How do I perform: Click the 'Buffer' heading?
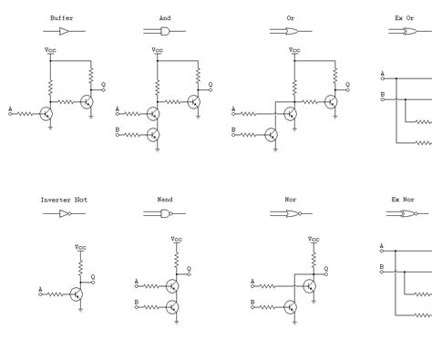coord(63,17)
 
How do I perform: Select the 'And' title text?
coord(165,17)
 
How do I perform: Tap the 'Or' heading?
coord(290,17)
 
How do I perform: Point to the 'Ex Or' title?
coord(404,17)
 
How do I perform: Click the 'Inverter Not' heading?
coord(64,199)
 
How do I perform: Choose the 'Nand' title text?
coord(165,199)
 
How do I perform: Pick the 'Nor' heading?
coord(290,199)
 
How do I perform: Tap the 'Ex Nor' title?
coord(403,199)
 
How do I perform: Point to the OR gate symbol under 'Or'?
coord(290,31)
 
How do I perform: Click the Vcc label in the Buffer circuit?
coord(51,51)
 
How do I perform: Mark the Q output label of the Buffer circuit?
coord(103,84)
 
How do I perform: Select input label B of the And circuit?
coord(118,129)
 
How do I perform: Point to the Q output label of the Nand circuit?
coord(189,267)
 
